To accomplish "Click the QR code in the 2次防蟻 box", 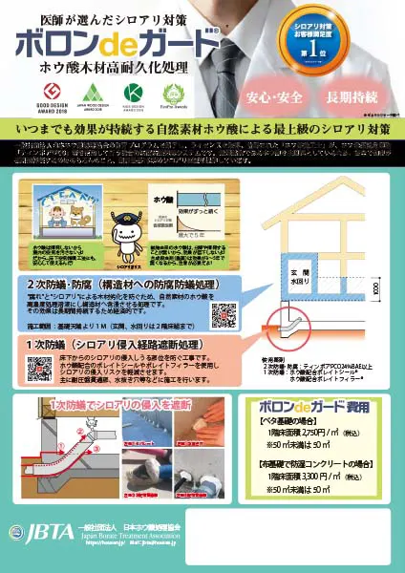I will click(223, 313).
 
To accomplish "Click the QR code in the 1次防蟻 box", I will click(40, 367).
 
